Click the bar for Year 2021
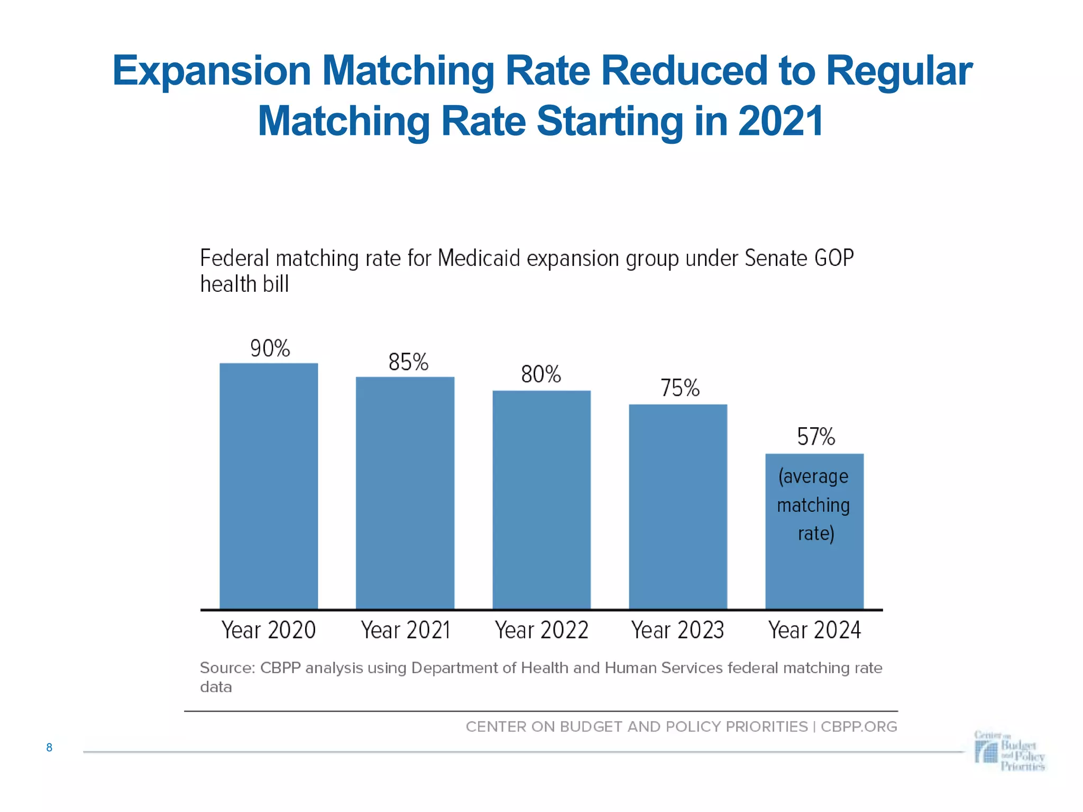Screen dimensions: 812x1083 [x=405, y=492]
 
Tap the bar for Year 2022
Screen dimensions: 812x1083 [x=541, y=499]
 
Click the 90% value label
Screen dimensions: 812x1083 [x=270, y=349]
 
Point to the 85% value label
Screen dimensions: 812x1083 [x=408, y=363]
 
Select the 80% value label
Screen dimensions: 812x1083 [x=540, y=375]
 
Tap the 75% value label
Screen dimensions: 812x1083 [x=680, y=389]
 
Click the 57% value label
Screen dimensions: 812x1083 [x=815, y=437]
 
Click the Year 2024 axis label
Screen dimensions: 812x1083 [x=814, y=630]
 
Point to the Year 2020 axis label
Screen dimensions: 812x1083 [x=269, y=630]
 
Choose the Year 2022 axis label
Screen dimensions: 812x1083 [x=541, y=630]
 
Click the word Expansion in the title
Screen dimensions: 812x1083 [x=212, y=71]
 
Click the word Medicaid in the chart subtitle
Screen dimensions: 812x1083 [x=480, y=259]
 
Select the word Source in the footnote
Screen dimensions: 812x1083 [x=226, y=668]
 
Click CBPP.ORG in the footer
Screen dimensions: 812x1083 [x=859, y=727]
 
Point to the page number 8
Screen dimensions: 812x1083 [x=49, y=748]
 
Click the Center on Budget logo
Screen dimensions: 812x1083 [x=1009, y=751]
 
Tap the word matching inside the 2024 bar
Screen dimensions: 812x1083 [x=813, y=505]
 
